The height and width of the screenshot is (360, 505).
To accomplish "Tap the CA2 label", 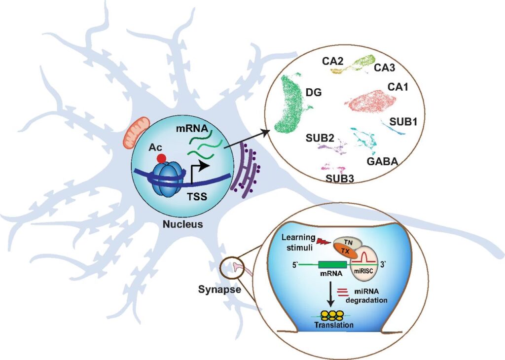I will (333, 61).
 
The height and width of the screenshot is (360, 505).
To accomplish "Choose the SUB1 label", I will (403, 121).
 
